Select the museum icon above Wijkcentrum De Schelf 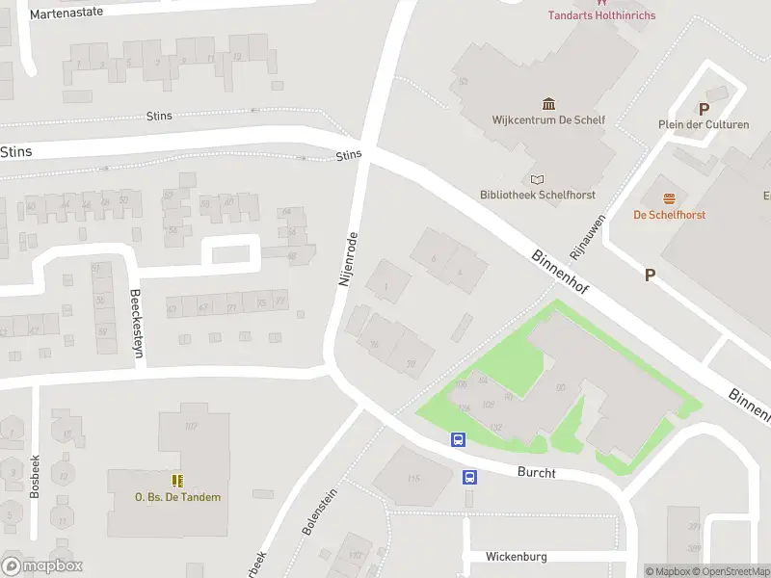pos(548,104)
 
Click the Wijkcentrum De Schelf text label pos(548,120)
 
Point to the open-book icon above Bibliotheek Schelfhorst pos(537,179)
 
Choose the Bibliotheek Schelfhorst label pos(538,195)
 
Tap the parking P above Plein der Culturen pos(704,110)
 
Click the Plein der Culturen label pos(704,125)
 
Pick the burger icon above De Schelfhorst pos(669,198)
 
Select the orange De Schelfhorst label pos(669,215)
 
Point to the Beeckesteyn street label pos(136,324)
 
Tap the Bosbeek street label pos(35,475)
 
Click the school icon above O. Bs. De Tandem pos(177,480)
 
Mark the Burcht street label pos(536,472)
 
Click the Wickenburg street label pos(517,557)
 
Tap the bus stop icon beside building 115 pos(469,477)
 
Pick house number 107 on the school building pos(191,426)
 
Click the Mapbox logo pos(42,566)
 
